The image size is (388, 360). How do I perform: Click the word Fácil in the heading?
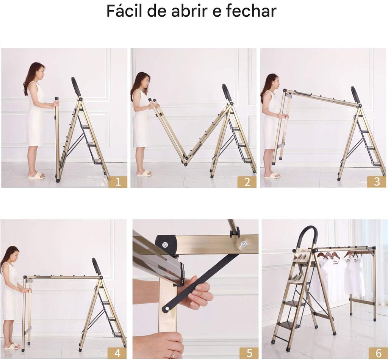click(125, 11)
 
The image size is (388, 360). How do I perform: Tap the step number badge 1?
click(117, 182)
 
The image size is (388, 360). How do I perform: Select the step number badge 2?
click(247, 182)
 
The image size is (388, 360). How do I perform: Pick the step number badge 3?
click(377, 182)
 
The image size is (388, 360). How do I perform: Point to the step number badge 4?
click(117, 353)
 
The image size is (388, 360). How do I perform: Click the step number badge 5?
click(249, 353)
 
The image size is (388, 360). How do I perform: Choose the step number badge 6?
click(378, 353)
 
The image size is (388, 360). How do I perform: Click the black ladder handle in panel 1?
click(76, 87)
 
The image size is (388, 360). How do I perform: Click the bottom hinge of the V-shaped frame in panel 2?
click(186, 162)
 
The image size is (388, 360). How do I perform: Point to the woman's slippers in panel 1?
click(36, 175)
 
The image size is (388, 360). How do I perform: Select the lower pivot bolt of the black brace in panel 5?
click(166, 309)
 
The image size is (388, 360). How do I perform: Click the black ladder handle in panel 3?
click(355, 95)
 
